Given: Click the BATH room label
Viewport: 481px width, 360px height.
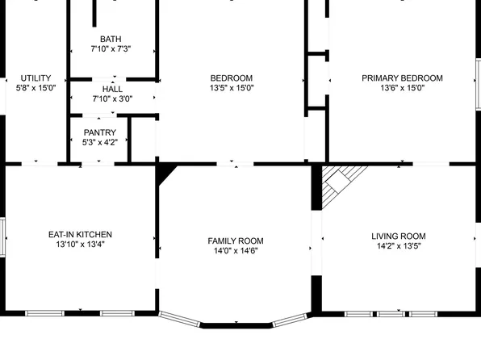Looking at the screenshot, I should [x=111, y=39].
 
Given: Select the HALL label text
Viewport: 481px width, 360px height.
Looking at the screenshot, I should [x=111, y=89].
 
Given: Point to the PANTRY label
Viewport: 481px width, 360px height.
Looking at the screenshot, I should [x=100, y=132].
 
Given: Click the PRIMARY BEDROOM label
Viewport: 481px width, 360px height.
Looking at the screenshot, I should [x=402, y=78].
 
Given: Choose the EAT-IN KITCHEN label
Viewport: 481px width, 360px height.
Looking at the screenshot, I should [x=80, y=234].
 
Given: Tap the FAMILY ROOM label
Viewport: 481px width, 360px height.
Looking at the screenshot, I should [x=235, y=241].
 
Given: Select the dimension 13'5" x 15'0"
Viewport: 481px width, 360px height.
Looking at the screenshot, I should [x=232, y=89].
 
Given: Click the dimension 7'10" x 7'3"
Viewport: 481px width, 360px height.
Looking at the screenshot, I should [x=111, y=49].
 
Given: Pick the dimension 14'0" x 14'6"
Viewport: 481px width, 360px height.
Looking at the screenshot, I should [x=235, y=251].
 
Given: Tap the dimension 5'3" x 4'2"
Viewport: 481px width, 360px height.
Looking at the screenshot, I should [x=100, y=143].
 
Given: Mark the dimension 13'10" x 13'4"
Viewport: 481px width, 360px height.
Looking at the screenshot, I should [x=80, y=245].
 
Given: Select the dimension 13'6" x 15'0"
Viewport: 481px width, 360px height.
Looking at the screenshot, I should [x=402, y=89].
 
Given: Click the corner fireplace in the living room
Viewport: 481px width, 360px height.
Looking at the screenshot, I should [x=337, y=182].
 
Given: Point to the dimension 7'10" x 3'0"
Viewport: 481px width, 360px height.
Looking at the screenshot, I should [x=111, y=99].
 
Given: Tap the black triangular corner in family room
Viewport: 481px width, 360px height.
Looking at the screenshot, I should [x=165, y=172].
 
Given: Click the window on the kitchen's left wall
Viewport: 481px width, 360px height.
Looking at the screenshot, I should [x=3, y=236].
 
